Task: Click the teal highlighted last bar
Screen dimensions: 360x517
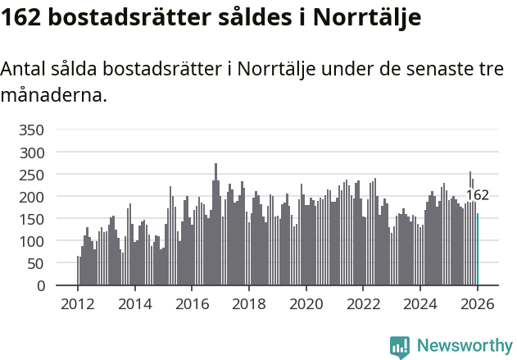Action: click(x=478, y=249)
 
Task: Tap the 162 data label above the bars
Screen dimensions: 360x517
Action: click(x=477, y=195)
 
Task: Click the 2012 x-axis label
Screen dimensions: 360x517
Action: click(x=78, y=303)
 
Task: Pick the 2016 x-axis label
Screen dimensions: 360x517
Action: click(x=192, y=303)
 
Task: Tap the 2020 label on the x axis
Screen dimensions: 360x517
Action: click(x=306, y=303)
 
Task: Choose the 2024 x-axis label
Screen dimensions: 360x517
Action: click(x=420, y=303)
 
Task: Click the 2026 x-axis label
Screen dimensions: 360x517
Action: click(x=478, y=303)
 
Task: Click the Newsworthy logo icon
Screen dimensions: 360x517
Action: click(x=400, y=347)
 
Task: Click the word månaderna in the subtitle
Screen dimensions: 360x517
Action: click(x=53, y=95)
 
